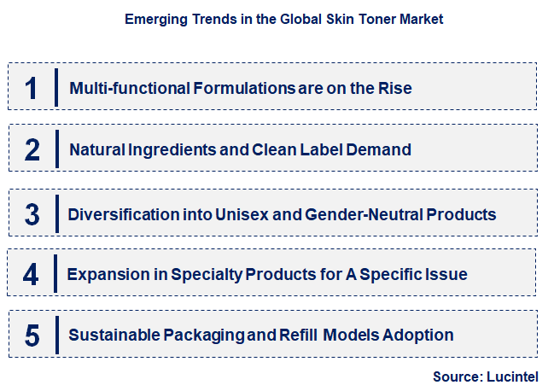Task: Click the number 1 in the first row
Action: tap(32, 88)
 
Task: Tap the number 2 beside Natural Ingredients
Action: tap(32, 150)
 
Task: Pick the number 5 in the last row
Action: tap(32, 336)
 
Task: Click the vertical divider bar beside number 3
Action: tap(56, 213)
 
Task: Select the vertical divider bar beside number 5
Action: tap(56, 335)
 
